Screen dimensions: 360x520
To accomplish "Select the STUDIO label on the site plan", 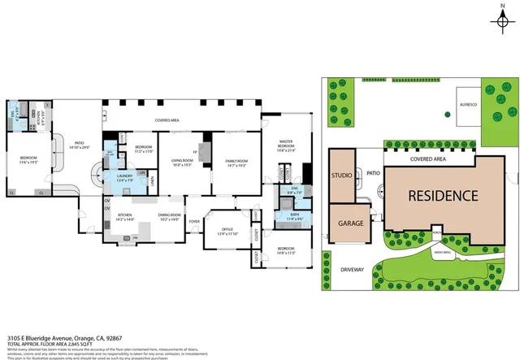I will [342, 176].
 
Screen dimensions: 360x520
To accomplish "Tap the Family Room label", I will [236, 163].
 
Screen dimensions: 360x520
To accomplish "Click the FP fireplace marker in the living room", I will [195, 151].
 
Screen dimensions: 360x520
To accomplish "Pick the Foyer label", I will [194, 220].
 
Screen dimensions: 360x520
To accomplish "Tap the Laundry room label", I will [124, 177].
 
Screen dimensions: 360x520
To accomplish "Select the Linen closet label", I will [153, 189].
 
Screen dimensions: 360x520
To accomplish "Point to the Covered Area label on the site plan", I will [431, 159].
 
